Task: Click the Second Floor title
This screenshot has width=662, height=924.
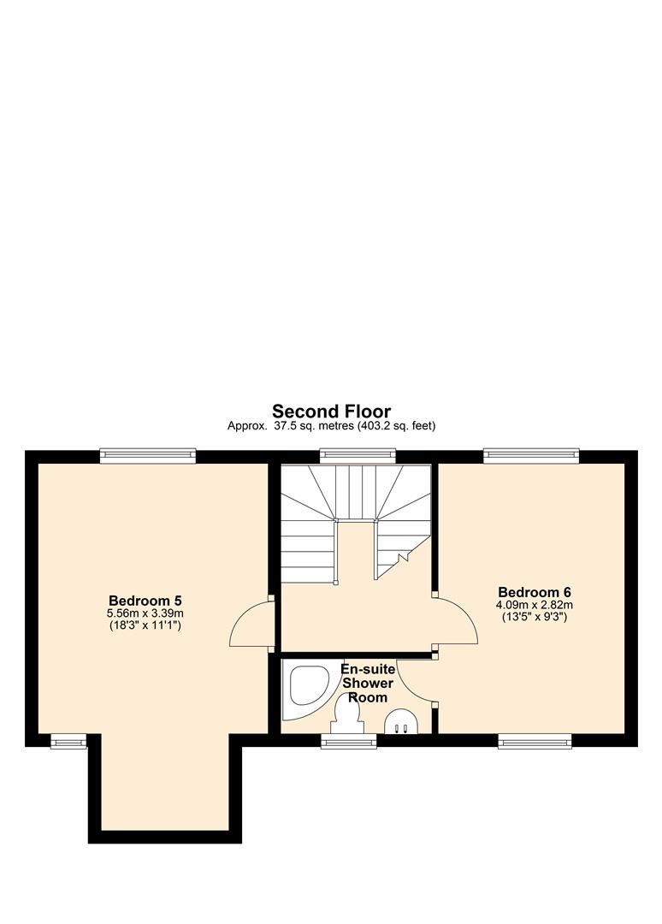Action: click(x=331, y=412)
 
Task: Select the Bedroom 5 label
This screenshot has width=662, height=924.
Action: click(x=145, y=600)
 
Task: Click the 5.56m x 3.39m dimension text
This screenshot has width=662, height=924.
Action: click(x=145, y=613)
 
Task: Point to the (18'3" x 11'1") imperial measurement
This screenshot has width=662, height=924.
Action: click(x=145, y=625)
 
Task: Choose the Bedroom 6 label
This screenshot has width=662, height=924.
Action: click(x=535, y=591)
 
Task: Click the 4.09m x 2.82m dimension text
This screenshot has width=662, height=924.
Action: click(x=535, y=604)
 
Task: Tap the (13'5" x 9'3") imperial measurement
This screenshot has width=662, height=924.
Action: click(x=535, y=617)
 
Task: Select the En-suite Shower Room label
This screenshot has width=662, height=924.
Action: click(x=368, y=683)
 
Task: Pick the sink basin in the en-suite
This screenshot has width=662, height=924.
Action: click(x=401, y=722)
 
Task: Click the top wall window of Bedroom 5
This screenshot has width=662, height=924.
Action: click(x=147, y=456)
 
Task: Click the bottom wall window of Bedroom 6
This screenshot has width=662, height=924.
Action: click(x=535, y=741)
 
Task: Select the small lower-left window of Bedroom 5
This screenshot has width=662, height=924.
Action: click(x=68, y=741)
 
